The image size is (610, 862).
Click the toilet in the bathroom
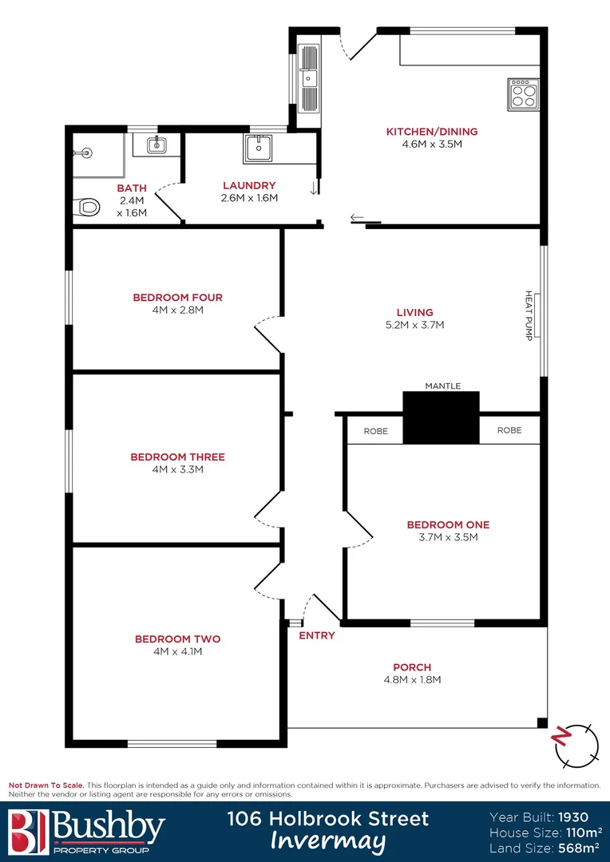(x=86, y=208)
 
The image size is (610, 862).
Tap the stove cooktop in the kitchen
(x=524, y=95)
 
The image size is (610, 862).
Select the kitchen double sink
(x=308, y=77)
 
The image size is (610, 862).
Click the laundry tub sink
(x=258, y=148)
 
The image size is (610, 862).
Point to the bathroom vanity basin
(x=156, y=144)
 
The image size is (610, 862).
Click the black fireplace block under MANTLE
(x=441, y=417)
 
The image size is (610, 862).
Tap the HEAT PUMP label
(x=529, y=316)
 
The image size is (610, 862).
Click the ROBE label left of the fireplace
(x=375, y=431)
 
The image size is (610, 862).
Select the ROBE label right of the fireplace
(x=509, y=430)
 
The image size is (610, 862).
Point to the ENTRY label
(x=316, y=635)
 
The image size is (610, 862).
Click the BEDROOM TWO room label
(x=177, y=639)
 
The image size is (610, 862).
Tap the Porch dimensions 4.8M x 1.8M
(x=412, y=680)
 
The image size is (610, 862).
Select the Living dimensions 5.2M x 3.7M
(x=414, y=325)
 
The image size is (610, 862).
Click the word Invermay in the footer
(x=328, y=842)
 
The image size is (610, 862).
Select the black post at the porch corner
(x=543, y=724)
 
